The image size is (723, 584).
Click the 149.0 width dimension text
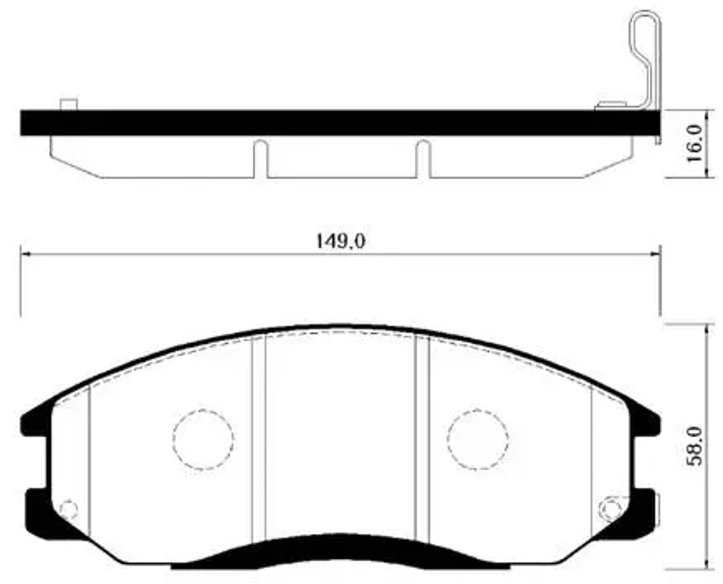[340, 241]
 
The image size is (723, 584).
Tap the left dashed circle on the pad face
[203, 439]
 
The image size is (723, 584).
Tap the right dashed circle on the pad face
[478, 439]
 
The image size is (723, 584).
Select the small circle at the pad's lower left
[69, 509]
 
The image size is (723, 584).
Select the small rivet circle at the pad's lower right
[610, 508]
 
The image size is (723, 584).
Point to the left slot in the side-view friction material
[260, 159]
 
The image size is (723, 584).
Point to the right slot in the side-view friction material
[423, 159]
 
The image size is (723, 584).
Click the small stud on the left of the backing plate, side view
[69, 104]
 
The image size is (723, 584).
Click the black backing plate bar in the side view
[331, 123]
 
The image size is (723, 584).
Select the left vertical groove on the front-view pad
[258, 438]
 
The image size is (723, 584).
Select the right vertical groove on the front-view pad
[422, 438]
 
